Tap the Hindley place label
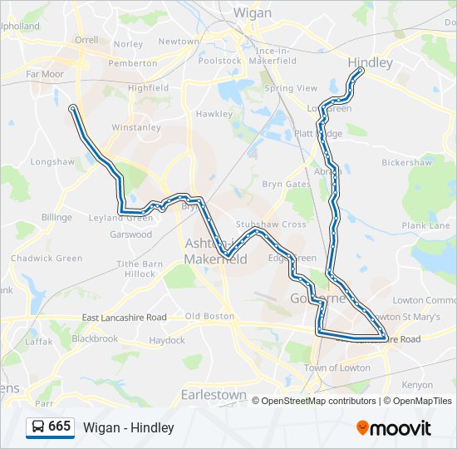click(x=371, y=62)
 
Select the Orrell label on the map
click(x=86, y=39)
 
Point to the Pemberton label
click(x=132, y=62)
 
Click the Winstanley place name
click(x=135, y=128)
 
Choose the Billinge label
click(x=57, y=217)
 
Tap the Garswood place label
click(x=131, y=234)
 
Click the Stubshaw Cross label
click(x=271, y=224)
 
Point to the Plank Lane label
click(x=425, y=225)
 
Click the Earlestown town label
click(x=214, y=394)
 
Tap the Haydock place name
click(x=167, y=340)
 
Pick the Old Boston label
click(x=209, y=316)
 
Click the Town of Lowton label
click(x=337, y=368)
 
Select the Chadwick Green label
click(x=47, y=259)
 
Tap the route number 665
click(x=60, y=427)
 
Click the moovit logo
click(x=394, y=427)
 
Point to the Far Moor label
click(x=45, y=74)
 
